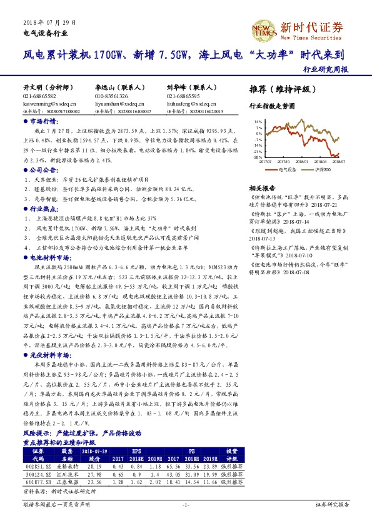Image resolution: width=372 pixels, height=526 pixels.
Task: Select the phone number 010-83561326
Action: tap(111, 96)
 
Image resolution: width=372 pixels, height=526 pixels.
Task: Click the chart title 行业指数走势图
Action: tap(271, 107)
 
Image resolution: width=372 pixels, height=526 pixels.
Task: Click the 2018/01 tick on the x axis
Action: tap(304, 161)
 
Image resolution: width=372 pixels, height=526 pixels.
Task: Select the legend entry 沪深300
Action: tap(319, 169)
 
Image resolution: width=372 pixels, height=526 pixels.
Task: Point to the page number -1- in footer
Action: tap(186, 504)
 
